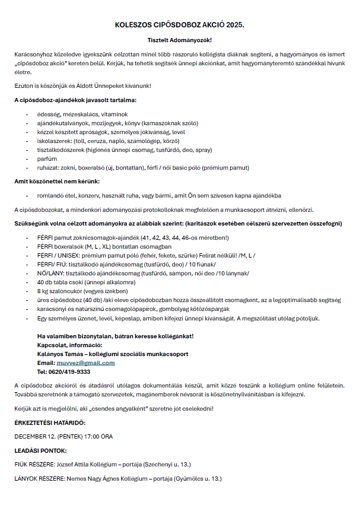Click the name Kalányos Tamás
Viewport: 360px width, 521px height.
click(60, 354)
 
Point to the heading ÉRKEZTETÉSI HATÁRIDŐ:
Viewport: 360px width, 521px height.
click(50, 422)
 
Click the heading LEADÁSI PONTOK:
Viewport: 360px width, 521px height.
click(40, 450)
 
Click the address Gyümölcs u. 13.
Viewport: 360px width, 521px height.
click(203, 478)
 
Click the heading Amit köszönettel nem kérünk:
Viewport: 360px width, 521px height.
click(57, 181)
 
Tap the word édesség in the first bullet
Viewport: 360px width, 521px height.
click(48, 114)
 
